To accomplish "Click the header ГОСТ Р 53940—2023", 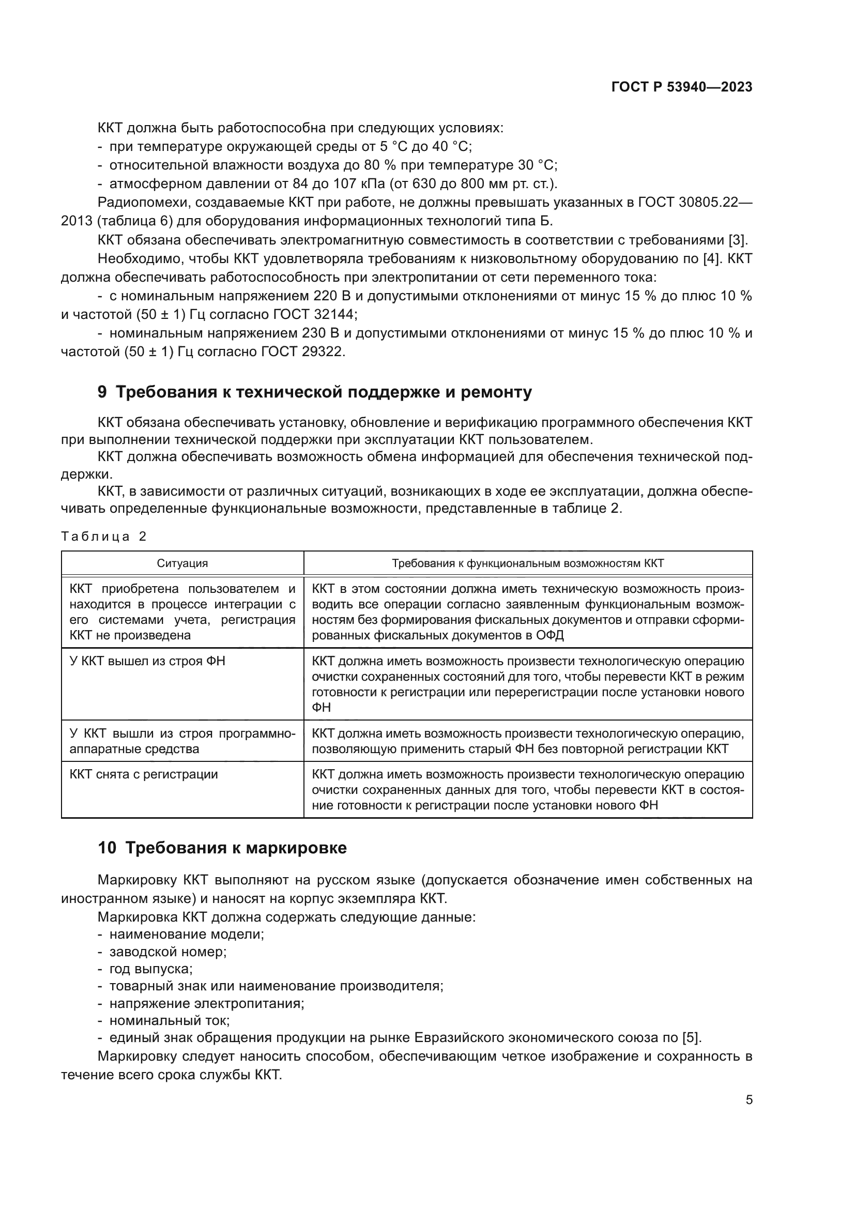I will tap(681, 87).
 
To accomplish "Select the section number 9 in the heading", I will tap(102, 392).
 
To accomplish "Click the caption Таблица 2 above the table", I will tap(104, 537).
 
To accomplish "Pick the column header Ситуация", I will tap(182, 563).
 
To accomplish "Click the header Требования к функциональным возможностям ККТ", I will tap(528, 563).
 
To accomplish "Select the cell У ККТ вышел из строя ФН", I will tap(147, 661).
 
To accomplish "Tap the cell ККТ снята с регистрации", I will tap(144, 775).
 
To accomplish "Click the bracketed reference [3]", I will tap(738, 240).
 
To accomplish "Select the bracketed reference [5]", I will tap(691, 1038).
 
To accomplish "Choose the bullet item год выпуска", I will tap(150, 969).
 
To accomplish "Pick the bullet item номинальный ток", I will tap(169, 1020).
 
